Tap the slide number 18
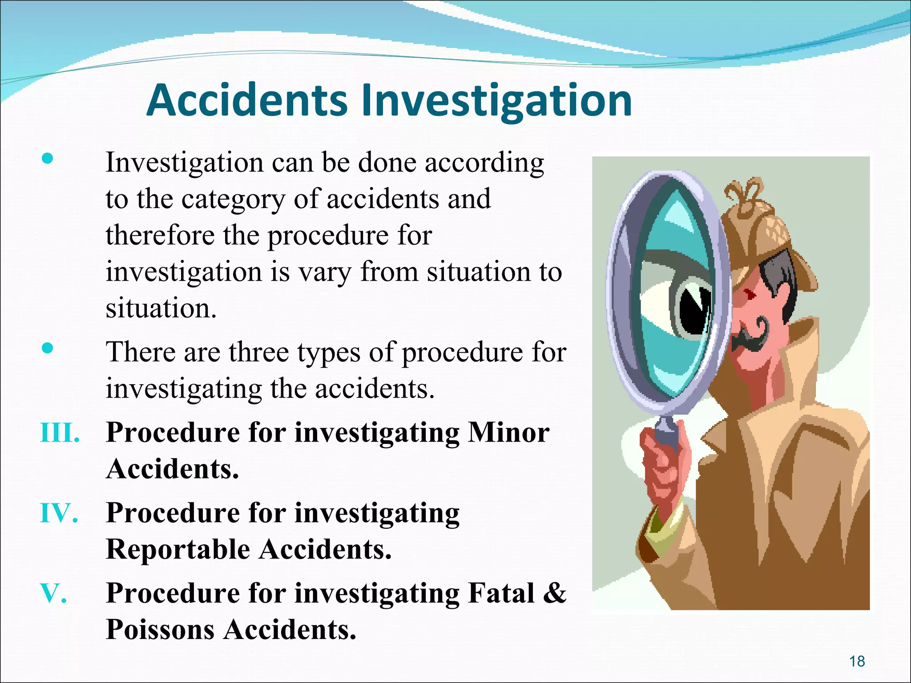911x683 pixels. coord(857,661)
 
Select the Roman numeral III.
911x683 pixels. coord(60,433)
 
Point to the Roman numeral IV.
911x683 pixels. coord(59,513)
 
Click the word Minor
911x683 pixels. coord(508,433)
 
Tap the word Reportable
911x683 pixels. coord(178,550)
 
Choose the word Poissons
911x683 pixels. coord(160,630)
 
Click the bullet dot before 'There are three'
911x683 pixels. coord(47,348)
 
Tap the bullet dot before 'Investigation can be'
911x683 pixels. coord(47,159)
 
